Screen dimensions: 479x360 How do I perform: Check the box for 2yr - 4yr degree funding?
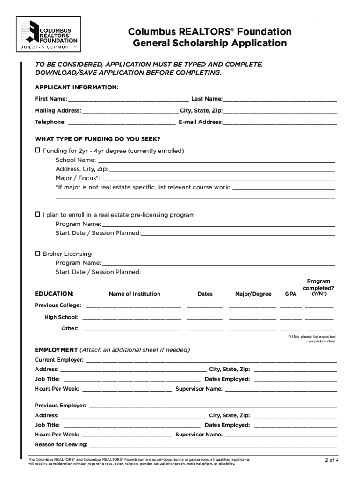[x=38, y=151]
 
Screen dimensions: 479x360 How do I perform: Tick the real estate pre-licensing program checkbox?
[x=38, y=215]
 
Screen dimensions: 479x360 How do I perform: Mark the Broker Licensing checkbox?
[x=38, y=254]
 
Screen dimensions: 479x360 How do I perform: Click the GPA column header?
[x=290, y=294]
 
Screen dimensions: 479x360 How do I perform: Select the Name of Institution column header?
[x=135, y=294]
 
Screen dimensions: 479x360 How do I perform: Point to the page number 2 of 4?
[x=332, y=460]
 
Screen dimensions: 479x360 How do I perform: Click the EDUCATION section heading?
[x=54, y=294]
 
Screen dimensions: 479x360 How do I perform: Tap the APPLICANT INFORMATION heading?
[x=77, y=87]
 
